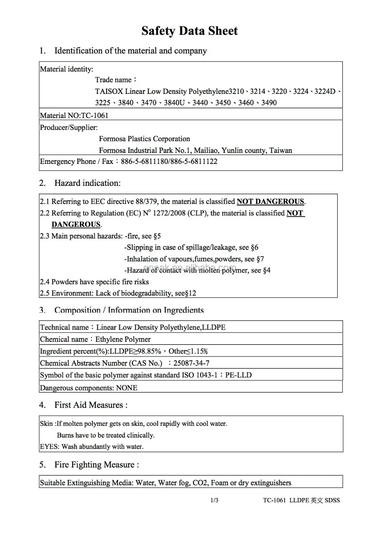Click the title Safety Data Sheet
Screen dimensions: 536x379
(189, 31)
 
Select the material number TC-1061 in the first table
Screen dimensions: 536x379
(95, 115)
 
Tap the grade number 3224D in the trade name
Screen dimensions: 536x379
(325, 91)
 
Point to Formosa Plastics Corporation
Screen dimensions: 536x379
(144, 139)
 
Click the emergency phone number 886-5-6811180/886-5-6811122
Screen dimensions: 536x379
(169, 162)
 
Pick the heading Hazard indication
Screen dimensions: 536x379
(87, 183)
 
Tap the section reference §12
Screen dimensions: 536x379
(191, 293)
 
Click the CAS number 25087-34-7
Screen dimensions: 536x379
(191, 363)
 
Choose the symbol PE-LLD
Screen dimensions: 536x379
(238, 375)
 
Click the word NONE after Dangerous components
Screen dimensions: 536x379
(127, 388)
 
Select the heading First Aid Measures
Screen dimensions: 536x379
(91, 405)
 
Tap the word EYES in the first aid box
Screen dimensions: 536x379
(49, 447)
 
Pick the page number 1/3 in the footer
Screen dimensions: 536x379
(214, 500)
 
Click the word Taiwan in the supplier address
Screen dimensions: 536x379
(280, 151)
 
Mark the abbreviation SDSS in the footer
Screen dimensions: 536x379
(332, 500)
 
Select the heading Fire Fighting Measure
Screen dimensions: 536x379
(96, 465)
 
